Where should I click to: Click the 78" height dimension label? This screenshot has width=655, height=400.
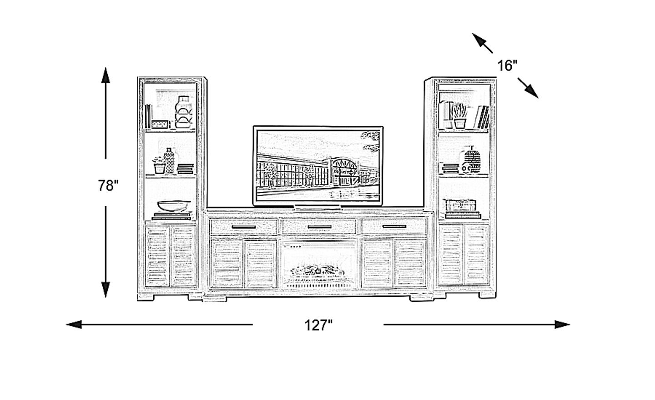[108, 185]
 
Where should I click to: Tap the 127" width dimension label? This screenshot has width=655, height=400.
[318, 325]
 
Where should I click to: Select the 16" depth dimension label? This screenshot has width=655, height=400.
[507, 65]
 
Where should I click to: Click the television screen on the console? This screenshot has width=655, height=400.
[318, 166]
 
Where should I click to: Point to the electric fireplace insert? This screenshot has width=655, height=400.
[318, 264]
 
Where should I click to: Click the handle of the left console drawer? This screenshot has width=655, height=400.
[244, 227]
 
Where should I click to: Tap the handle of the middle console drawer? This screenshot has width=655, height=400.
[319, 227]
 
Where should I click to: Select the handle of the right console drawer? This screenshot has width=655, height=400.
[394, 226]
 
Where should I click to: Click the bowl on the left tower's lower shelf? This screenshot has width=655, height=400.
[174, 205]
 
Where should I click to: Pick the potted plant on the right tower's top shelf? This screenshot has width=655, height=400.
[460, 116]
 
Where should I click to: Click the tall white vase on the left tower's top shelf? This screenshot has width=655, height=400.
[183, 112]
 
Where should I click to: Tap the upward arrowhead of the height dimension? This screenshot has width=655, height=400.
[106, 75]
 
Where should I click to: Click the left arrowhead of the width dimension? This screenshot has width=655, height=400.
[74, 325]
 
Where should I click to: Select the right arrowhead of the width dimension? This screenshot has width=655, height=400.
[562, 325]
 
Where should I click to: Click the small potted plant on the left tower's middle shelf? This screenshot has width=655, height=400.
[159, 165]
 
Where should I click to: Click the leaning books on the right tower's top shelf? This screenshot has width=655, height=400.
[482, 117]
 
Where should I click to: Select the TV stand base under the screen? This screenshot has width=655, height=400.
[318, 208]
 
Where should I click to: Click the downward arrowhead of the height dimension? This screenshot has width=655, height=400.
[106, 290]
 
